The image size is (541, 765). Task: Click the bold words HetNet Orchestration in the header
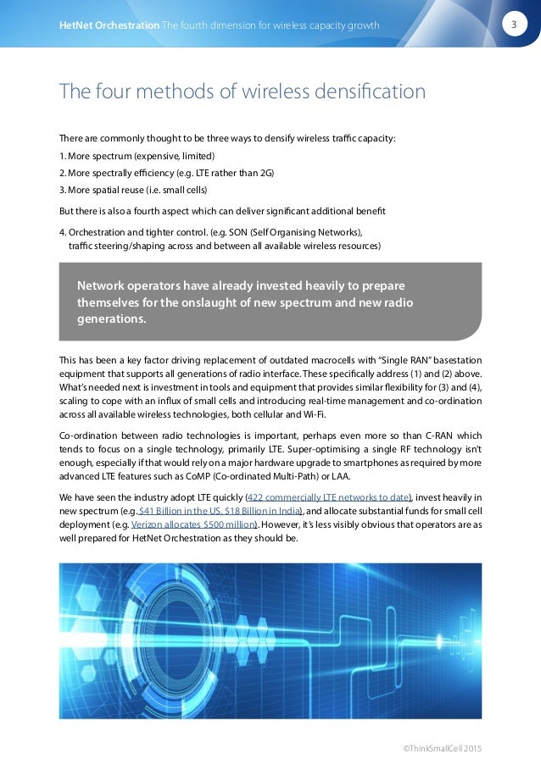tap(109, 25)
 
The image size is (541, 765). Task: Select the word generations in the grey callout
tap(111, 319)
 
